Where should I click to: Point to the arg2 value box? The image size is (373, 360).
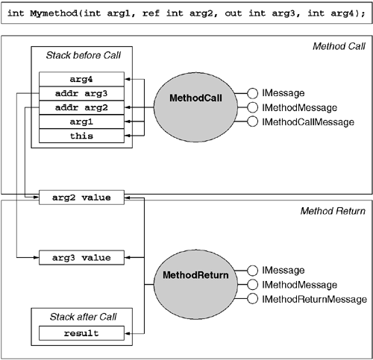82,198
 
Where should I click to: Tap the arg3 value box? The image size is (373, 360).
82,258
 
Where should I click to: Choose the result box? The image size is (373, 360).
82,332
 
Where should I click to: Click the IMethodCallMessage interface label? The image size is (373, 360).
308,122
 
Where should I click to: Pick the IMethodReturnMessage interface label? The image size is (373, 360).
313,300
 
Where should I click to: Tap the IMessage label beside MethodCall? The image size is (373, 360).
286,94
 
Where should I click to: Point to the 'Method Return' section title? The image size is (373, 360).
333,212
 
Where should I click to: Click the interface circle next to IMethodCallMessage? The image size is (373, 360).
253,122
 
